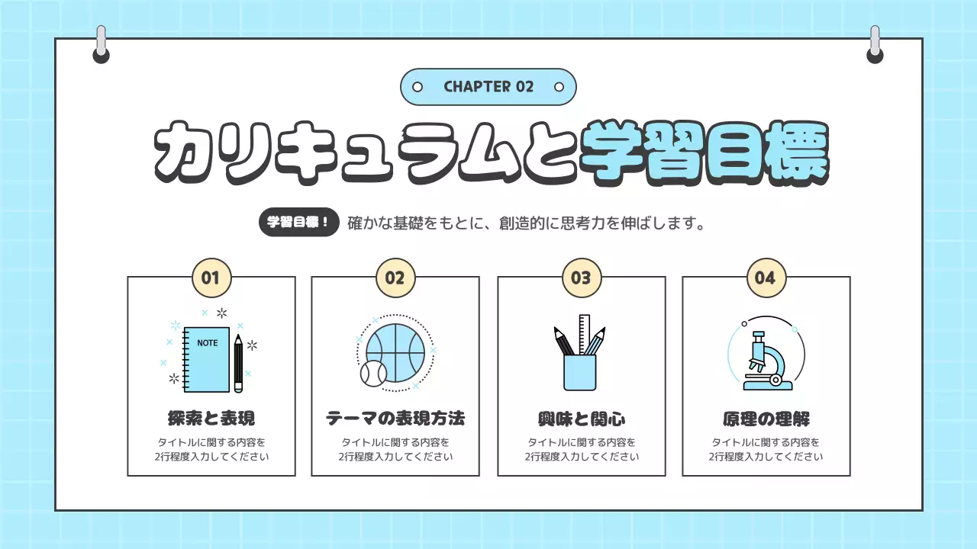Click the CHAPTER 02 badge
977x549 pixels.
click(x=488, y=87)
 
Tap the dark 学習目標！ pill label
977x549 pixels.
click(x=298, y=223)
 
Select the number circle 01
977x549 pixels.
click(x=211, y=278)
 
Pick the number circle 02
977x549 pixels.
click(x=395, y=278)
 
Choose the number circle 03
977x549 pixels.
click(x=581, y=278)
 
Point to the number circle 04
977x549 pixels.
click(x=766, y=278)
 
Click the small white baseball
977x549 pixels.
click(x=374, y=374)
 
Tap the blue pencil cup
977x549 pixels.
click(x=579, y=373)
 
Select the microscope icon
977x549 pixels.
click(x=764, y=358)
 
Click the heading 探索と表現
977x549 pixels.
click(x=211, y=419)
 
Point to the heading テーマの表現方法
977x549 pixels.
click(x=395, y=419)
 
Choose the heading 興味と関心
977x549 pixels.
click(x=581, y=419)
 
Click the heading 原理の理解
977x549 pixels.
click(x=766, y=419)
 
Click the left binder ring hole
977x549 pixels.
click(x=101, y=55)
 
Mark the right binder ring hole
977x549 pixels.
click(x=875, y=55)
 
